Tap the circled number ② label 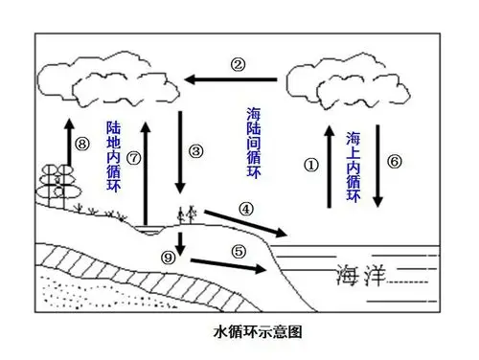click(238, 65)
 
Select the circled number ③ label click(196, 151)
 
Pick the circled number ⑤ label click(239, 251)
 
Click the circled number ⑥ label click(396, 162)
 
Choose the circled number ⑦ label click(132, 157)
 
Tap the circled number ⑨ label click(169, 256)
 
